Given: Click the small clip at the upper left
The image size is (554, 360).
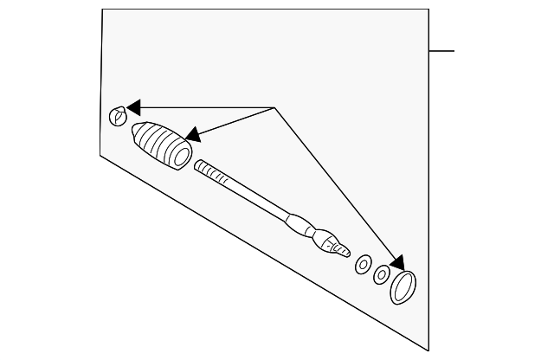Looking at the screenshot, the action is click(117, 115).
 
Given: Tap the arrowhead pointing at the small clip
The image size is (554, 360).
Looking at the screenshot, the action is click(132, 107).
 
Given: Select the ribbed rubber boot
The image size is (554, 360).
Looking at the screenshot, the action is click(161, 145).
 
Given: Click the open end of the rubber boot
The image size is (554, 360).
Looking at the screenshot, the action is click(181, 156).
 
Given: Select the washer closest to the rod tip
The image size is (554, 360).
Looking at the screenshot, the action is click(364, 263).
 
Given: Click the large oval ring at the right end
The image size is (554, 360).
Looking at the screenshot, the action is click(403, 286).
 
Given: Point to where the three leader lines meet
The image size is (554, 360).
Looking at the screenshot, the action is click(274, 107).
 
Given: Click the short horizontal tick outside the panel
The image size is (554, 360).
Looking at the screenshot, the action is click(441, 51).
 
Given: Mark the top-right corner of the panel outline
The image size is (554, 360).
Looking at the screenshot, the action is click(429, 10).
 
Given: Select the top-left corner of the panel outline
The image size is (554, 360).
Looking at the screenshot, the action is click(102, 10).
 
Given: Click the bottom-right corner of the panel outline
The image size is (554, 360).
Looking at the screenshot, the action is click(429, 350).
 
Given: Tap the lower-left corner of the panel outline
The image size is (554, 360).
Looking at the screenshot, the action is click(100, 154).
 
